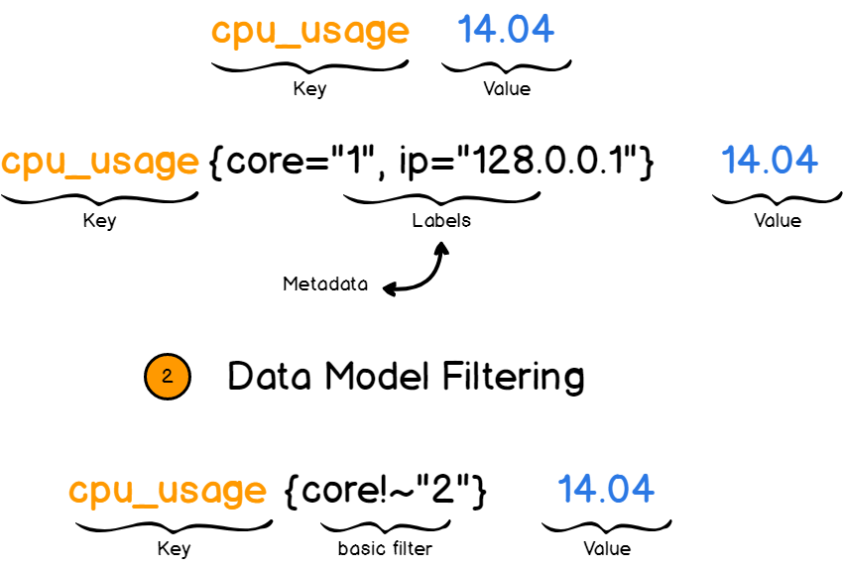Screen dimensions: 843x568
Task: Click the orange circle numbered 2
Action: tap(167, 377)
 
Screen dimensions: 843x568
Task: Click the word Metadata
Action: tap(325, 284)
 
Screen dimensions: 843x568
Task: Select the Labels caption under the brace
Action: tap(441, 220)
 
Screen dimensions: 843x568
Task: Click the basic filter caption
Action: tap(384, 547)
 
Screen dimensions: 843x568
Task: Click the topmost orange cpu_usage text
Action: tap(309, 31)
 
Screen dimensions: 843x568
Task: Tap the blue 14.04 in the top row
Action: tap(506, 30)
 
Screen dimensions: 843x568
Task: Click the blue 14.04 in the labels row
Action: tap(770, 160)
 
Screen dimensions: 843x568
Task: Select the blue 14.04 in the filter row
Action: tap(606, 489)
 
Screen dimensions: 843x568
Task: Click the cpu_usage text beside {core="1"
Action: tap(99, 162)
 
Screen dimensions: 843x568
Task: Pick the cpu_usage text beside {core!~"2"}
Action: tap(168, 491)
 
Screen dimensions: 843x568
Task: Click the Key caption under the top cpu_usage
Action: tap(309, 89)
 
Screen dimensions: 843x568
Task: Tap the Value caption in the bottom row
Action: tap(606, 548)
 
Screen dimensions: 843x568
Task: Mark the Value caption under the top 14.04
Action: tap(506, 89)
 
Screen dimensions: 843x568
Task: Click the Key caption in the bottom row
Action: tap(174, 548)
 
